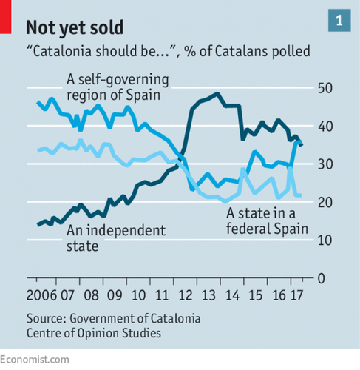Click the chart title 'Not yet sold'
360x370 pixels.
(x=74, y=27)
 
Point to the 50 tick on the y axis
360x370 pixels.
(x=323, y=88)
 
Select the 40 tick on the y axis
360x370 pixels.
(x=323, y=126)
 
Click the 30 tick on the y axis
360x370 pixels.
(x=323, y=164)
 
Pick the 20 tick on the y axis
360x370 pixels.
(x=323, y=202)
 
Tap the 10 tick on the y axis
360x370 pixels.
(x=323, y=240)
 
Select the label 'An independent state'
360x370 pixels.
(x=115, y=238)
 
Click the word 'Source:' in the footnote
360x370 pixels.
(x=48, y=318)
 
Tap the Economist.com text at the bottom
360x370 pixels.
(x=35, y=359)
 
